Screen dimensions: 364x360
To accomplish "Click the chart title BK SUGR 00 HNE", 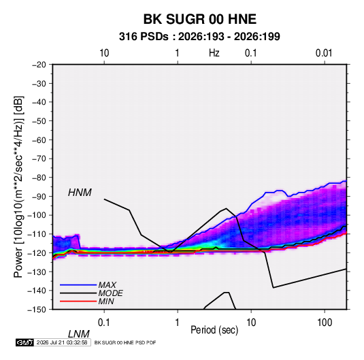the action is coord(200,19).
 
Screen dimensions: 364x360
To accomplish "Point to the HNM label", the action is coord(80,193).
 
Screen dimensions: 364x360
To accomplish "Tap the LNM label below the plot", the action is coord(79,334).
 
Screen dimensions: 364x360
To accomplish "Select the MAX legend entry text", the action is coord(107,284).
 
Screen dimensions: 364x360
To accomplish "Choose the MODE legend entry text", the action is coord(110,293).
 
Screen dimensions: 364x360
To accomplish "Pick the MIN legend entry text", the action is coord(106,301).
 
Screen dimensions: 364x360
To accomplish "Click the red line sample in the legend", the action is coord(78,301).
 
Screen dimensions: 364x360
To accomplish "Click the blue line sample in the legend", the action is coord(78,285).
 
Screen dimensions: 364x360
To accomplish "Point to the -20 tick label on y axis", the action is coord(39,65).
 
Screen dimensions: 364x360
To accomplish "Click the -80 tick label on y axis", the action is coord(39,178).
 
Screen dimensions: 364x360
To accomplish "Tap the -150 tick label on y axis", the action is coord(37,310).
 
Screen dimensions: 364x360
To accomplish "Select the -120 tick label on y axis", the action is coord(37,252).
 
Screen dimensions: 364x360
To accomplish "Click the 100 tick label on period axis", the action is coord(325,323).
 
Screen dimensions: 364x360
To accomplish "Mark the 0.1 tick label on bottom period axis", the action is coord(104,323).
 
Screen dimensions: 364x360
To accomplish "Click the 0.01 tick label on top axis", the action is coord(324,53).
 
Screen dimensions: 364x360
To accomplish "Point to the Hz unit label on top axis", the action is coord(214,53).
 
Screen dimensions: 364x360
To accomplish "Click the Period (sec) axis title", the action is coord(214,330).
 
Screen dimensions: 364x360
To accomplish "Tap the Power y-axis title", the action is coord(18,186).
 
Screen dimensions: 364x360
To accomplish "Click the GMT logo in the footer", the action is coord(25,342).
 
